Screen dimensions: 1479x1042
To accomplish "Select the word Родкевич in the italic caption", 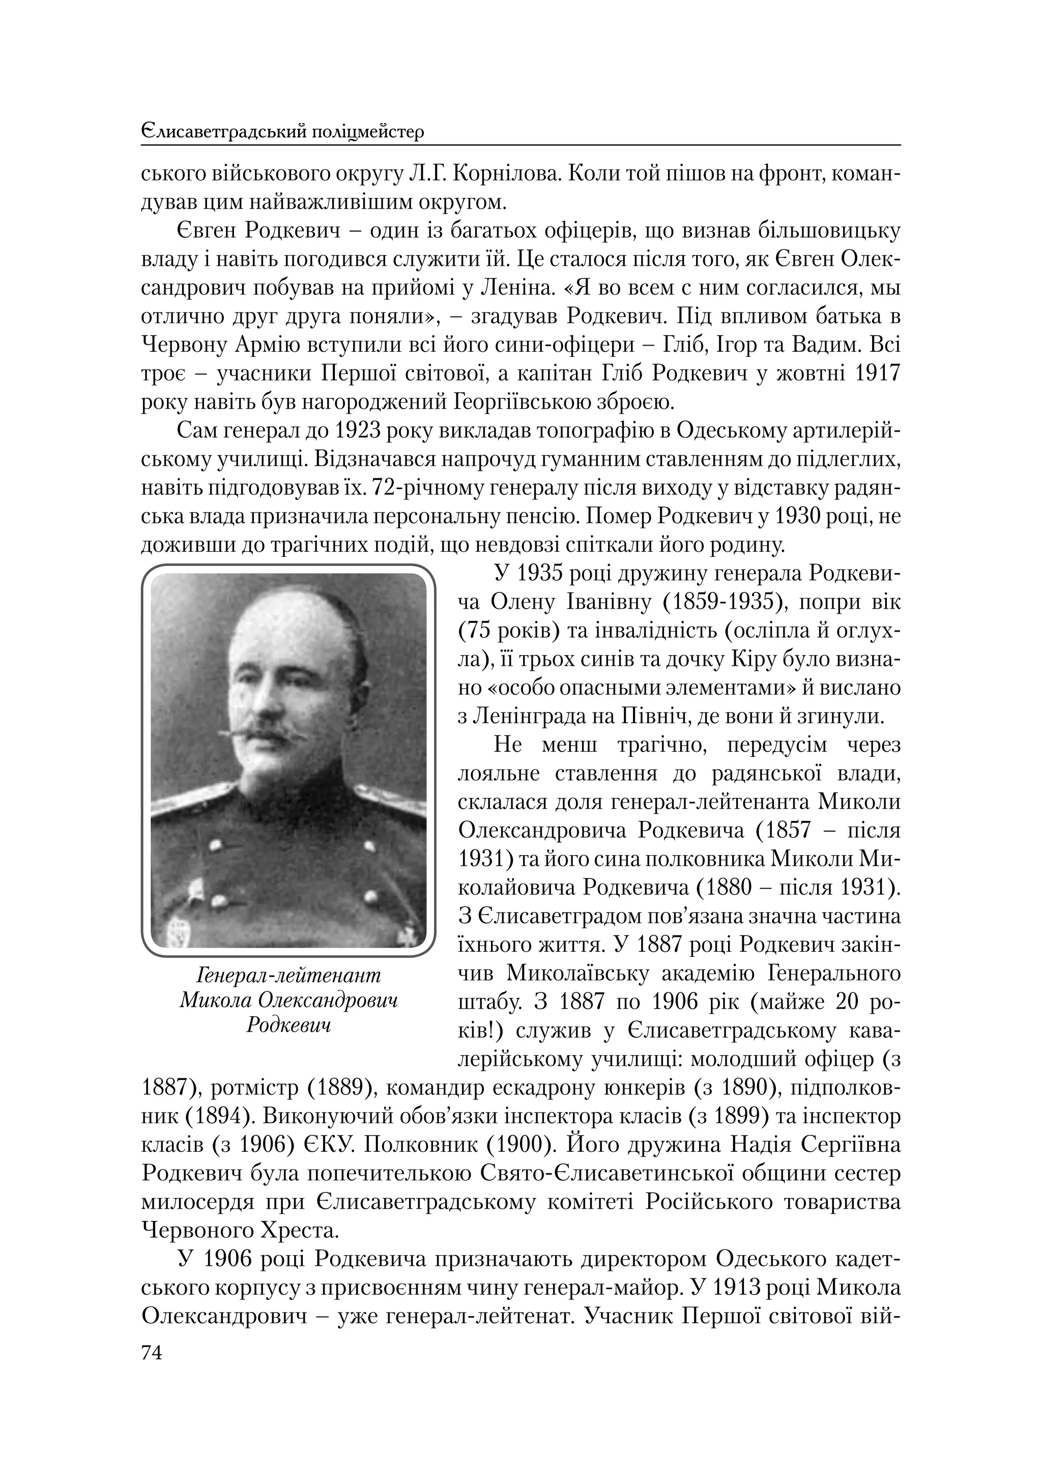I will (x=288, y=1024).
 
